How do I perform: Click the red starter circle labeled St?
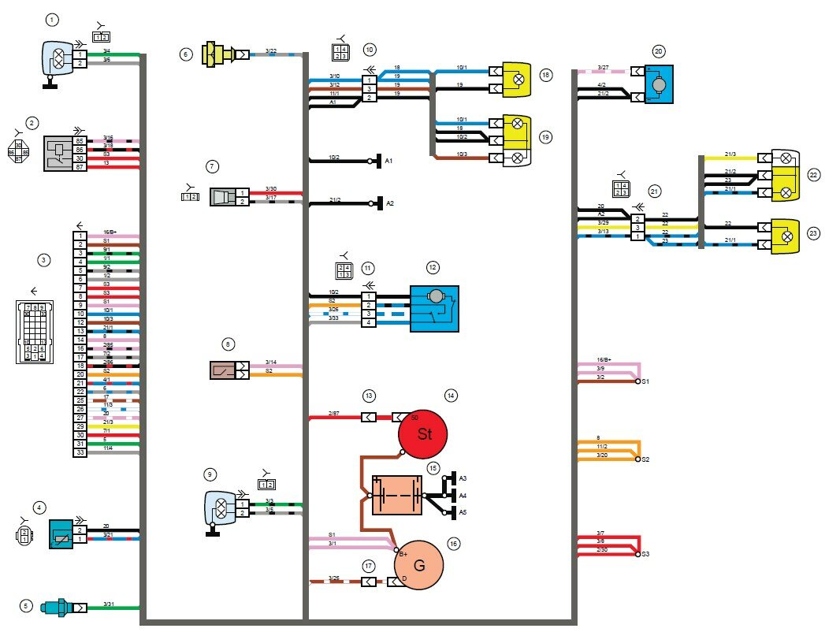coord(423,434)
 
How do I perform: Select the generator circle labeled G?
coord(419,564)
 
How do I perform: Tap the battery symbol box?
coord(397,496)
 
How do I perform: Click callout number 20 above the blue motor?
coord(659,52)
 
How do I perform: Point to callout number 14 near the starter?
coord(451,396)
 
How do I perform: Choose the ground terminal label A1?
coord(388,161)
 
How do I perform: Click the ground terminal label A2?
coord(388,203)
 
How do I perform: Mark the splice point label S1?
coord(645,381)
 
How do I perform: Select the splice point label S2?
coord(646,459)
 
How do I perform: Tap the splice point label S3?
coord(646,555)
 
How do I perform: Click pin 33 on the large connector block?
coord(80,452)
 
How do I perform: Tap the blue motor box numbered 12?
coord(434,308)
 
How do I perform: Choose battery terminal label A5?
coord(463,512)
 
